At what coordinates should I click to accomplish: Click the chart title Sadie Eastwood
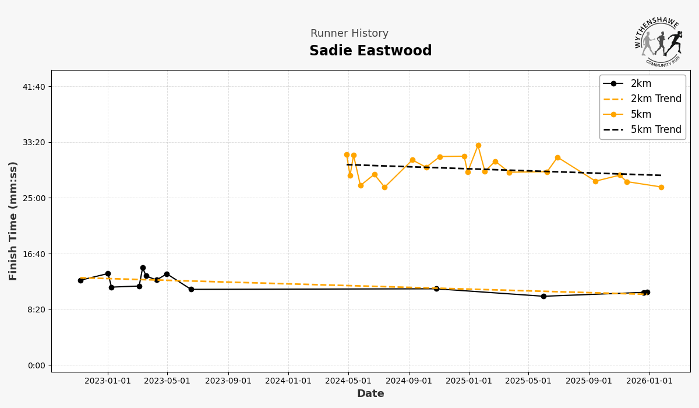370,51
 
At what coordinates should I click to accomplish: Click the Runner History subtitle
349,34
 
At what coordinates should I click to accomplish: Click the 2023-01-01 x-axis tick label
108,381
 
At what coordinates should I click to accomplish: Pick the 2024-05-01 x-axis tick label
348,381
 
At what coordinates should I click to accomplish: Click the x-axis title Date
370,394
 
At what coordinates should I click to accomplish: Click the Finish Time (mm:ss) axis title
13,221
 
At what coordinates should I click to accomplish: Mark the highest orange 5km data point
478,146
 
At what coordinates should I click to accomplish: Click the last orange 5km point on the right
661,187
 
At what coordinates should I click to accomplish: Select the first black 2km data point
80,280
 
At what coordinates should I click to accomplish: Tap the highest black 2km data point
143,268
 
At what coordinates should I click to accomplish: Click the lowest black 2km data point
543,296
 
